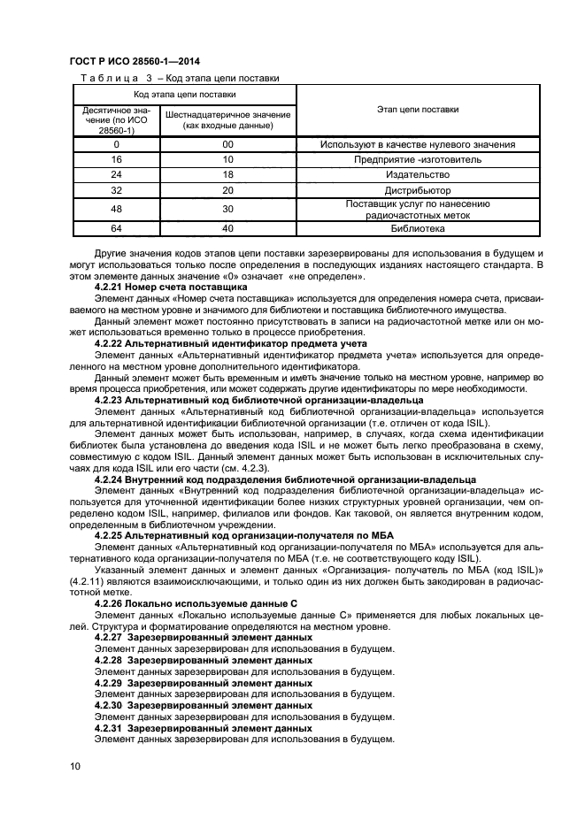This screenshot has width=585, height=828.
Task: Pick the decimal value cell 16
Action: coord(116,159)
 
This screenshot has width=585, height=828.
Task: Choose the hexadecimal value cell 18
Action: coord(227,175)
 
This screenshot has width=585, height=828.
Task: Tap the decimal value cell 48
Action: coord(116,209)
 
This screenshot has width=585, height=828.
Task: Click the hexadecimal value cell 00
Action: coord(227,144)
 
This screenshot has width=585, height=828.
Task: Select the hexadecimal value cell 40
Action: coord(227,228)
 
